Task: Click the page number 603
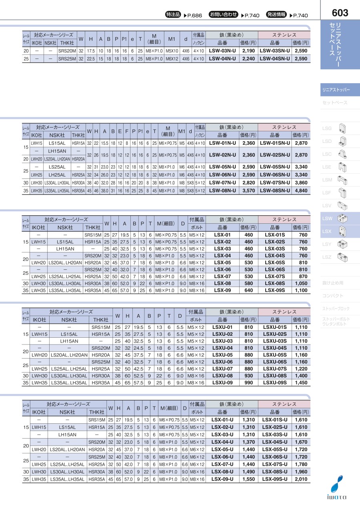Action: click(340, 13)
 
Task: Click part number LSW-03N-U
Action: click(222, 51)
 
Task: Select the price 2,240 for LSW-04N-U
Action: click(248, 58)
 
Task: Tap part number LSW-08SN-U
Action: click(275, 191)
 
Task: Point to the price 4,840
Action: click(301, 191)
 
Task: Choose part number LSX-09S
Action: click(275, 290)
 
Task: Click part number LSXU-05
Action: click(222, 355)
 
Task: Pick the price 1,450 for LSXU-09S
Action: click(301, 383)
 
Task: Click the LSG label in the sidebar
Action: click(327, 128)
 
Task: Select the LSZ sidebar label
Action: click(327, 257)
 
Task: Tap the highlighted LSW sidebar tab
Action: click(327, 218)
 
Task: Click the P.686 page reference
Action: click(193, 16)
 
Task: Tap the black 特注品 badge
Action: click(173, 15)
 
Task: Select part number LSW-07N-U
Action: click(222, 183)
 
